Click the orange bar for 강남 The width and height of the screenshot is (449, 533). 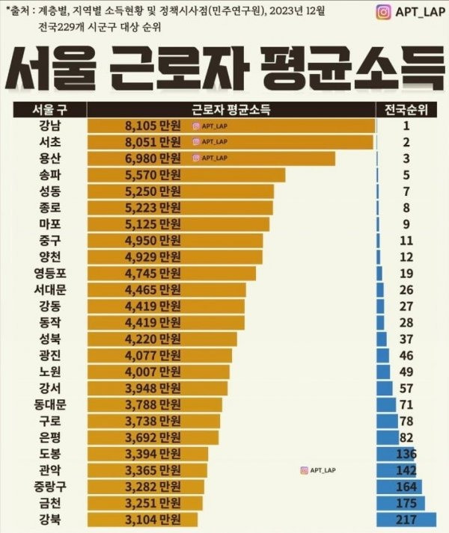pos(284,126)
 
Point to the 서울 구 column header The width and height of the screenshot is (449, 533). pos(49,110)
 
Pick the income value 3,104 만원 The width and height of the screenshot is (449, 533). pos(153,519)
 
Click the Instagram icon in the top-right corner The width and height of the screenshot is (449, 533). pos(384,13)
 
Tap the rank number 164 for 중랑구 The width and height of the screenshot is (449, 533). pos(406,486)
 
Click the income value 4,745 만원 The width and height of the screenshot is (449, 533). pos(153,273)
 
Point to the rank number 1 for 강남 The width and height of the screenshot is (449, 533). pos(406,126)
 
